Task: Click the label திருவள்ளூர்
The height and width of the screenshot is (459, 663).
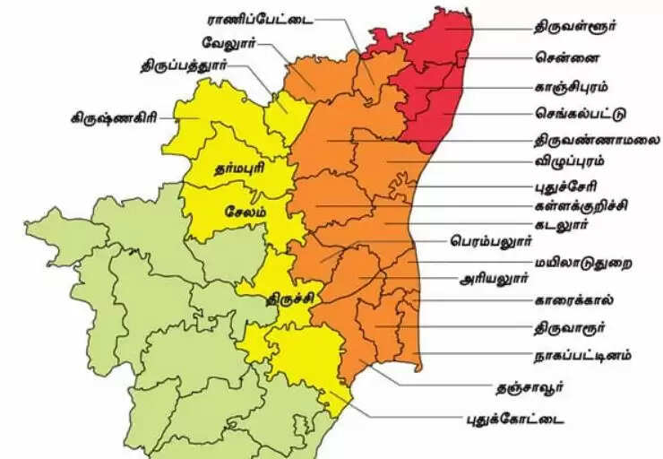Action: [x=576, y=27]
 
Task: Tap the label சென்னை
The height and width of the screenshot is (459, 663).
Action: [x=563, y=57]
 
